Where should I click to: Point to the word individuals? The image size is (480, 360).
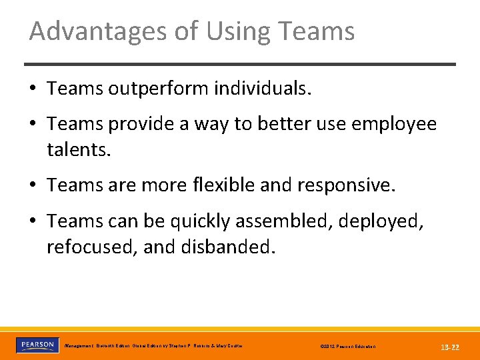pos(263,89)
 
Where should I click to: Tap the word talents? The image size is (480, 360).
pos(78,149)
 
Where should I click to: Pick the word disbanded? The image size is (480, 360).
pos(228,246)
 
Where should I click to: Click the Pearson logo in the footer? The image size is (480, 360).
pos(37,345)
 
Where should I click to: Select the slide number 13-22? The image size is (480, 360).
pos(450,347)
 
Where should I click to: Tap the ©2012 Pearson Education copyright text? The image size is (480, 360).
pos(348,347)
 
